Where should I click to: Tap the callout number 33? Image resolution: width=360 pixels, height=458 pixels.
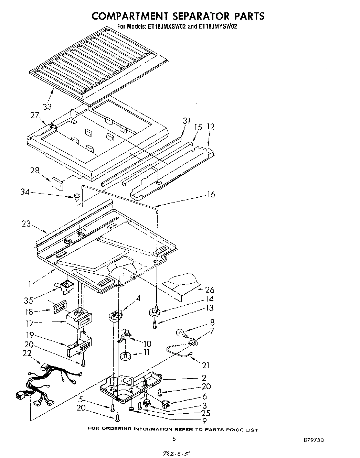coord(47,107)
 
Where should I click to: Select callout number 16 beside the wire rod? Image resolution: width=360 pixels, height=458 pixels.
coord(211,195)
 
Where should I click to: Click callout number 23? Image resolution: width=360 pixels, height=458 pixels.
coord(26,223)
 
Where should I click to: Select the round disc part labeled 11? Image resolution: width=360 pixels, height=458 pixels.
coord(127,355)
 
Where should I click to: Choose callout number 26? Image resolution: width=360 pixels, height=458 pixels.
coord(209,290)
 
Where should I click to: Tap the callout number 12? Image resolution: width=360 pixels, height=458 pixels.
coord(210,127)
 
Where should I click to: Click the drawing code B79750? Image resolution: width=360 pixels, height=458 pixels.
coord(314,440)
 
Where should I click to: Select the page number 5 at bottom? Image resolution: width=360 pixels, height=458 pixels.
coord(174,438)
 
